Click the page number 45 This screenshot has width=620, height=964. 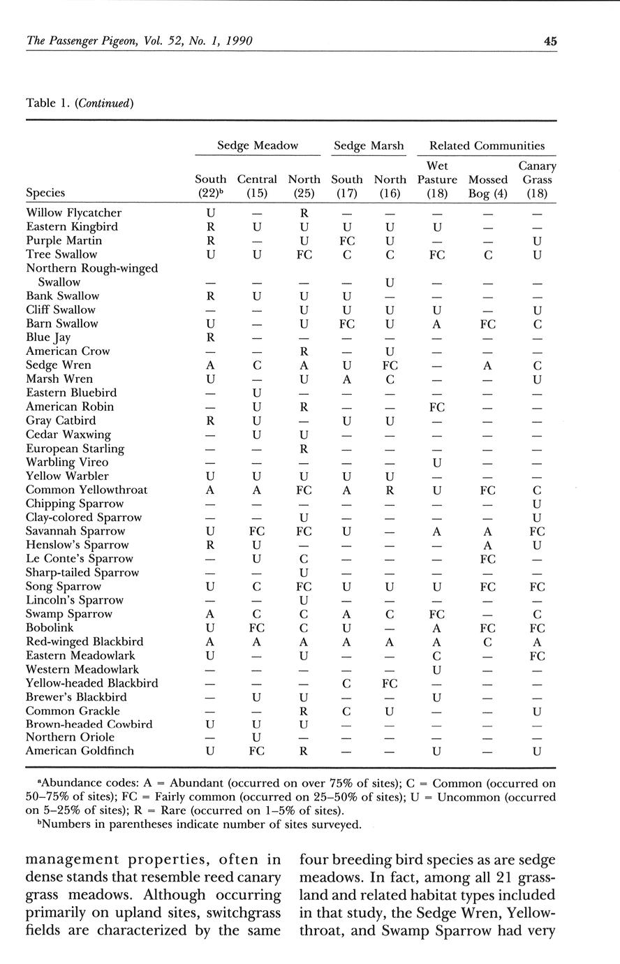click(550, 41)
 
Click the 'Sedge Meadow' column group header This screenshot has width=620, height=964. click(257, 145)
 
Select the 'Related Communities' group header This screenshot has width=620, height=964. click(487, 145)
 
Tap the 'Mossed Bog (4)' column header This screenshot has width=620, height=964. click(488, 186)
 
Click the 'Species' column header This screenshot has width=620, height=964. click(45, 192)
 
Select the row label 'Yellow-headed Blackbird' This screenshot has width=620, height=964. click(91, 683)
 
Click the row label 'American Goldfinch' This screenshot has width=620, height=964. click(80, 751)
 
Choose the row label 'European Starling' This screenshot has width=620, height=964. click(75, 448)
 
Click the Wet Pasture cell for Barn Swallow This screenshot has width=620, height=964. click(437, 323)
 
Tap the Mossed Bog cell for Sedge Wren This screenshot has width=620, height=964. click(488, 365)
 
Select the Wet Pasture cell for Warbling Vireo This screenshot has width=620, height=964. click(437, 462)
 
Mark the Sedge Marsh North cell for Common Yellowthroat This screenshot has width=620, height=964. click(390, 490)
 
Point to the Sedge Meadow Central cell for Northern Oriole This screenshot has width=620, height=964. click(257, 737)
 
